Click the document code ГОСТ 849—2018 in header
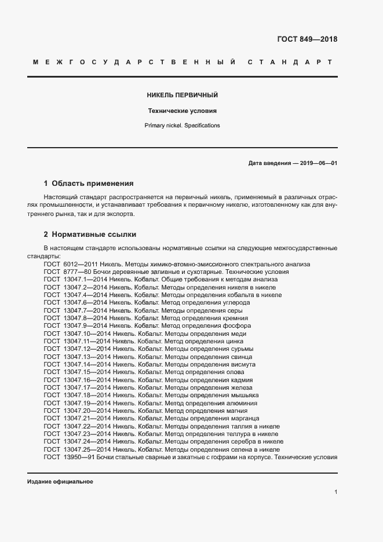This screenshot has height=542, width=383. (308, 40)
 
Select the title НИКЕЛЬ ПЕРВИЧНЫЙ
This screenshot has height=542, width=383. (183, 95)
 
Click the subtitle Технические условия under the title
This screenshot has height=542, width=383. (183, 111)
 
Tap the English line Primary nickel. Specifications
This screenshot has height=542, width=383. (183, 126)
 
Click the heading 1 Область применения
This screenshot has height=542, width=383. (89, 183)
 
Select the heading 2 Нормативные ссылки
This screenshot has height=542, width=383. (90, 235)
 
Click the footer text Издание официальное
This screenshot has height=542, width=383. (60, 482)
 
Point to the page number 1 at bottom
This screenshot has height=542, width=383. (335, 492)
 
